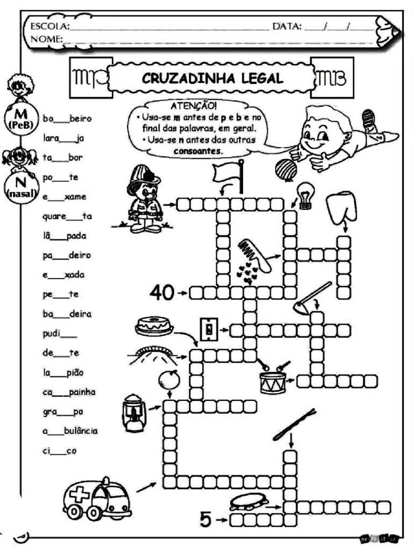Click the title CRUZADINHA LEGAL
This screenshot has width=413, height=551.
tap(212, 79)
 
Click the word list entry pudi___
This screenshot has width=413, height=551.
tap(59, 334)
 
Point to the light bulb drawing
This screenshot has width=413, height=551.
tap(305, 192)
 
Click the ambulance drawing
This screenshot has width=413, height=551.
tap(97, 498)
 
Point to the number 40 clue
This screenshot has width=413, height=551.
tap(162, 293)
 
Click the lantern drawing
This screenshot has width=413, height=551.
tap(132, 413)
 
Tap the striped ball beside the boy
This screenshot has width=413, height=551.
tap(286, 168)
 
